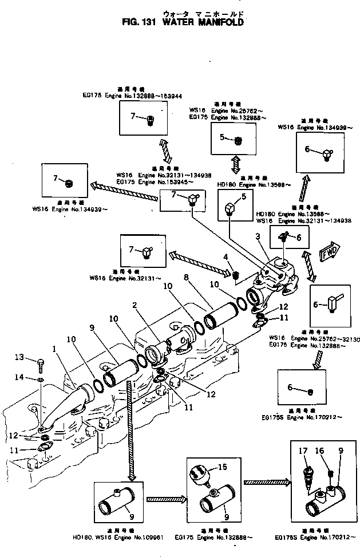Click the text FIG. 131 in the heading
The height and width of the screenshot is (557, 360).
140,23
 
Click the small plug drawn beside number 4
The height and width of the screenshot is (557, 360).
235,277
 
